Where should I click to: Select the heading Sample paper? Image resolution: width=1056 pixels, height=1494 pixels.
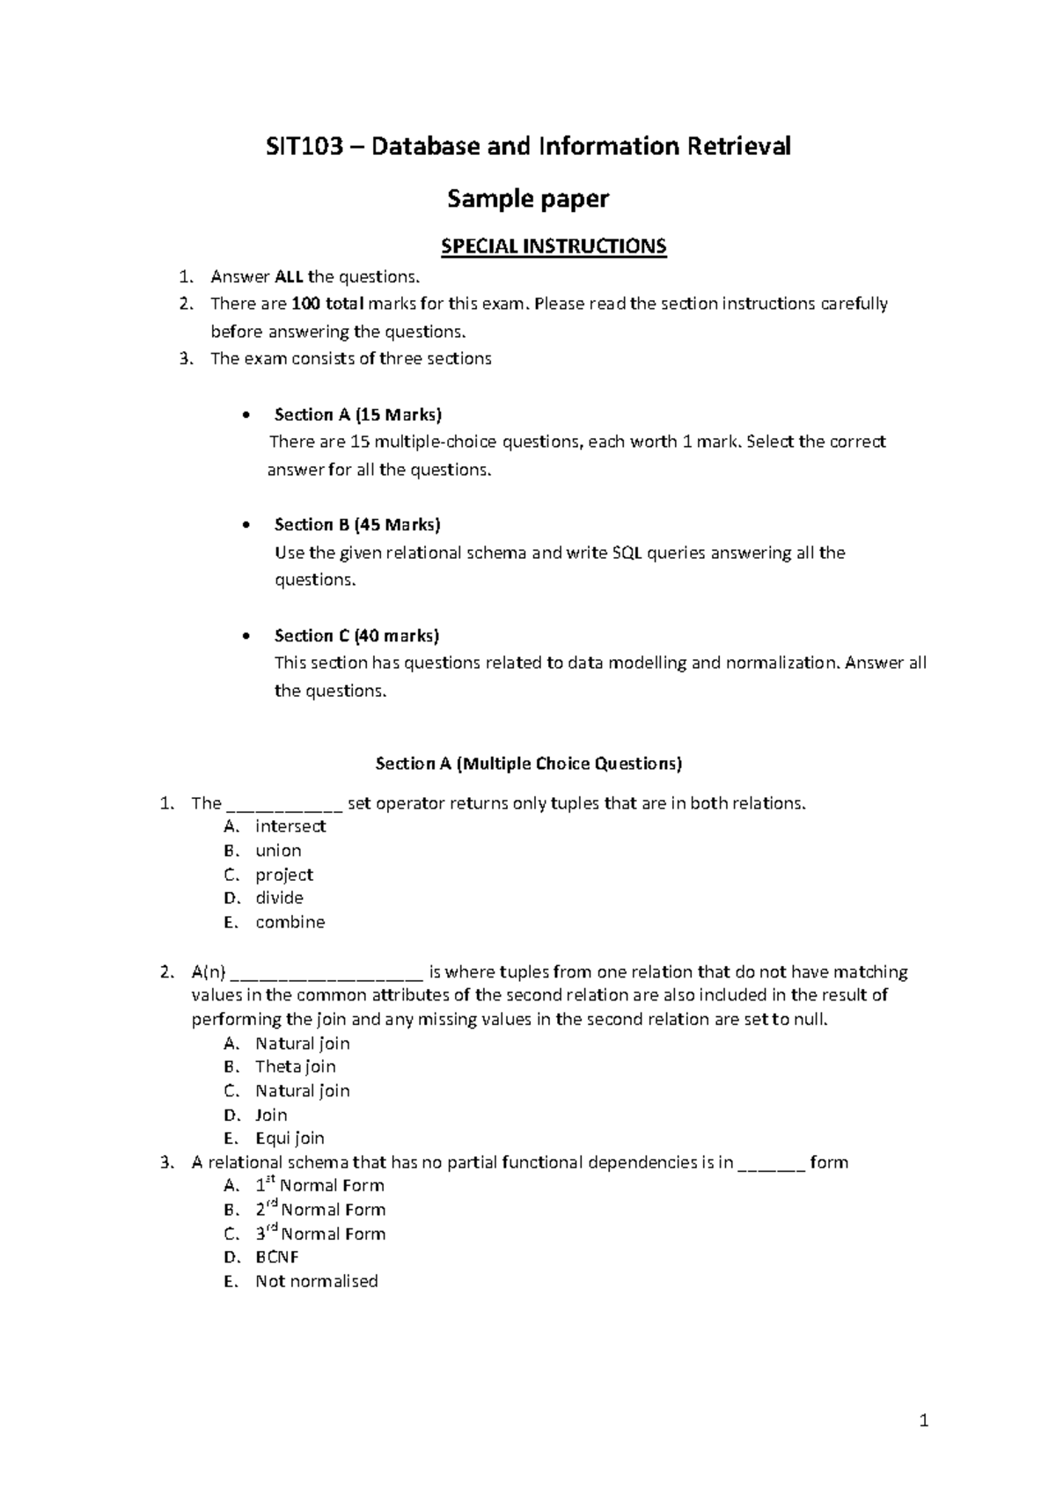pos(528,200)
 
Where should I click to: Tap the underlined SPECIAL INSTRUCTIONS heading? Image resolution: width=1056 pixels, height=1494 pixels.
pos(554,246)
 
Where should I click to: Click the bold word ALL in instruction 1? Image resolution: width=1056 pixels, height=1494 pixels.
pos(290,277)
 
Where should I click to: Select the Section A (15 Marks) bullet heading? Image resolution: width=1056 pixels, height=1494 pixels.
pos(357,414)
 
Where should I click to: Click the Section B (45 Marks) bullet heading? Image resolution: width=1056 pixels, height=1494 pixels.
pos(356,524)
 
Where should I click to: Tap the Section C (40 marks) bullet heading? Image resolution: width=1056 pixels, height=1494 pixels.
pos(356,635)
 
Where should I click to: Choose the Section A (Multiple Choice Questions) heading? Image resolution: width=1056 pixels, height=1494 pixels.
pos(528,764)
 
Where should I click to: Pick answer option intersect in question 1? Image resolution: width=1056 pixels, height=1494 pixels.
pos(290,826)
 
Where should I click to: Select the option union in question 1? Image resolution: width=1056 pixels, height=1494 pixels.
pos(278,851)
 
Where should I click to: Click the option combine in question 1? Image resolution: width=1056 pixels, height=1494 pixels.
pos(290,922)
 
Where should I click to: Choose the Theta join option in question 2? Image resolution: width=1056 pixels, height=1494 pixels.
pos(295,1066)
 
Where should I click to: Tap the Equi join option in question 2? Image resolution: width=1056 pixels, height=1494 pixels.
pos(290,1139)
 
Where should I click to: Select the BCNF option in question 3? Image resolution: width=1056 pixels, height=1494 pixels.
pos(276,1257)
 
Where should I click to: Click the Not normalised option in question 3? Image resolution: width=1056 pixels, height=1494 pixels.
pos(316,1281)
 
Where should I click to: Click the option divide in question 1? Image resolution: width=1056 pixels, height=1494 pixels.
pos(279,898)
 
